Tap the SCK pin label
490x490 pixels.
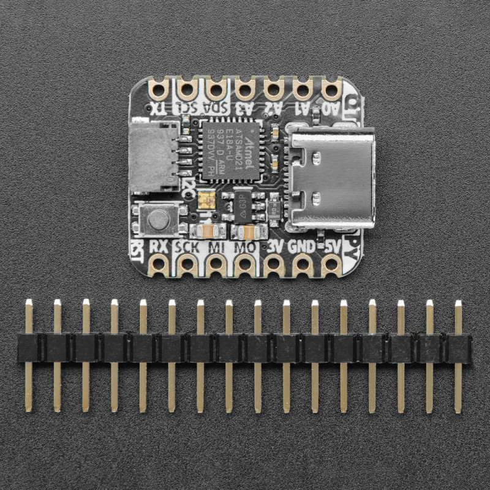(186, 247)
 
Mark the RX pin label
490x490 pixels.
(159, 247)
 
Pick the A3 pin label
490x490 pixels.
(244, 108)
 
